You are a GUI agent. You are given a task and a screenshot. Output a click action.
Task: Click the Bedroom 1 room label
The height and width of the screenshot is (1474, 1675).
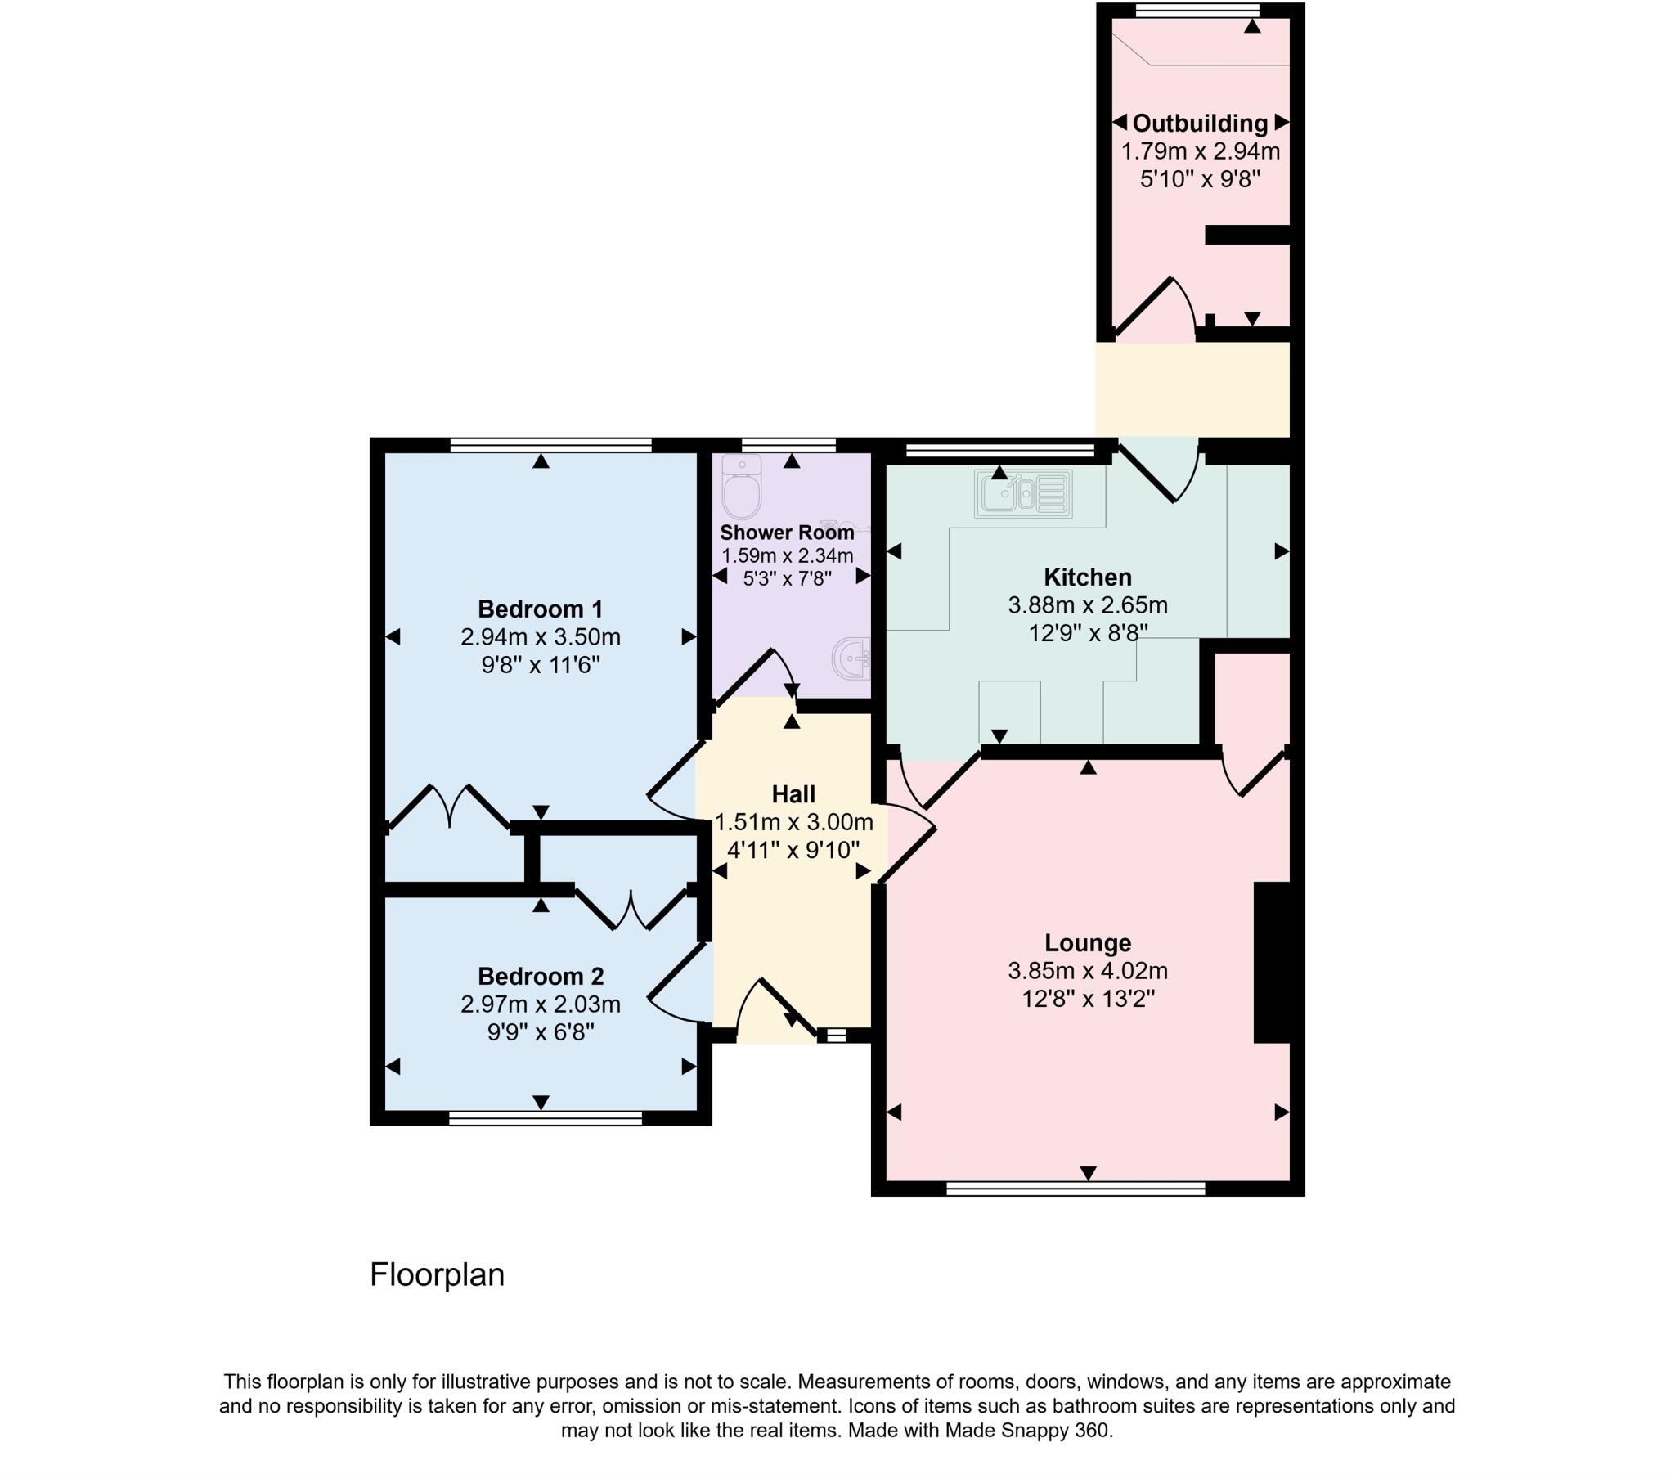(x=540, y=609)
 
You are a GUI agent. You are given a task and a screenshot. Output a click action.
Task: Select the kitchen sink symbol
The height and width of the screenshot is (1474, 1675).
(x=1023, y=494)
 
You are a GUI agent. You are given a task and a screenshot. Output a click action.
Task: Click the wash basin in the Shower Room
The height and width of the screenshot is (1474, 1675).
(x=852, y=657)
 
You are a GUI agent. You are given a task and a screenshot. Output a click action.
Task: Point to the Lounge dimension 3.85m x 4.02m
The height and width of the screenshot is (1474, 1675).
(x=1088, y=972)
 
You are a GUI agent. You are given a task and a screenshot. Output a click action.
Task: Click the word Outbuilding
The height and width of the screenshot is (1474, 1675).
(x=1200, y=124)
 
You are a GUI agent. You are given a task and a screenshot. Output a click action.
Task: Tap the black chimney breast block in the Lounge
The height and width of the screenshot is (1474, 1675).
(x=1272, y=963)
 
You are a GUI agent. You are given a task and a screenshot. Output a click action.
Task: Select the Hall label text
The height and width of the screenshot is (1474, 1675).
(x=793, y=794)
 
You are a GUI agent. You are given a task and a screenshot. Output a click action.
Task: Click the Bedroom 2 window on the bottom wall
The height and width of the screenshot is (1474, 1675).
(x=545, y=1118)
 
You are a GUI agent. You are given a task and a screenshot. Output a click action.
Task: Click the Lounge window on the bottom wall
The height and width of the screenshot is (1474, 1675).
(x=1076, y=1188)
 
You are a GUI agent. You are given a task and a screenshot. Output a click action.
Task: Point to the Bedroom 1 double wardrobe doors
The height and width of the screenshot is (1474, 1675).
(x=449, y=807)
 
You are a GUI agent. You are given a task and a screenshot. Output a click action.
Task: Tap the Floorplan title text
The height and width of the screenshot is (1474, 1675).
(x=437, y=1274)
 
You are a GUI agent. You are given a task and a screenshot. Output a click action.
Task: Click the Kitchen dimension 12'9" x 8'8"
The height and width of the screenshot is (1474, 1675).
(x=1088, y=633)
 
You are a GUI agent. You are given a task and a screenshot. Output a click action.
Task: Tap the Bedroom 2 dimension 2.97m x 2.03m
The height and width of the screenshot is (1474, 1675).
(x=540, y=1004)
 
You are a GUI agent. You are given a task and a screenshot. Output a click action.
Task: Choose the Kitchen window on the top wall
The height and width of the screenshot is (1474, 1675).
(x=1000, y=448)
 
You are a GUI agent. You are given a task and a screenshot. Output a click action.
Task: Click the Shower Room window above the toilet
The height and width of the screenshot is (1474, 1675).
(x=788, y=445)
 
